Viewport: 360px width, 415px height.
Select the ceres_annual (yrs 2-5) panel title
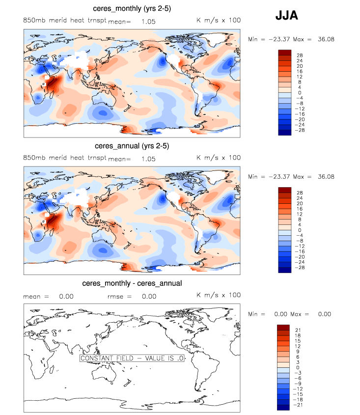132,146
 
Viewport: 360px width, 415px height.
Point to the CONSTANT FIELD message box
132,359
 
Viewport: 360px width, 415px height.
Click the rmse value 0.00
149,296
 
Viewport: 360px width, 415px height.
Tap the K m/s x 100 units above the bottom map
219,295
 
